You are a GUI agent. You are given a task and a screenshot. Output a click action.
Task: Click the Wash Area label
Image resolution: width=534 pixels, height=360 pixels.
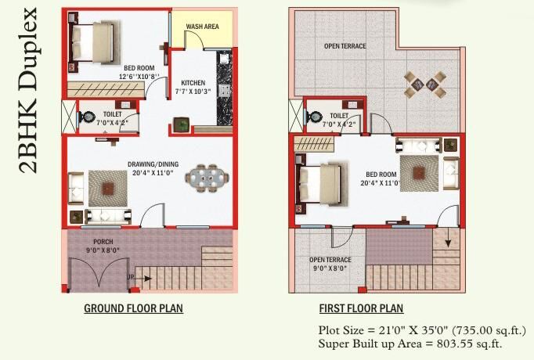click(202, 27)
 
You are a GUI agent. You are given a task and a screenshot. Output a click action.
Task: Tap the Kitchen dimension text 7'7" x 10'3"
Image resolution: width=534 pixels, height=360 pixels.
click(193, 92)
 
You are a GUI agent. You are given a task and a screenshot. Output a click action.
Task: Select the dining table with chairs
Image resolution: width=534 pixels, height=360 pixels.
click(207, 178)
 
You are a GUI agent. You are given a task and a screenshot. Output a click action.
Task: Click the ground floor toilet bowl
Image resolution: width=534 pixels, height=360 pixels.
click(87, 117)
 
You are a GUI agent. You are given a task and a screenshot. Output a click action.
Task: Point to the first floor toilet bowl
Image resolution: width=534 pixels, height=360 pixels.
click(314, 117)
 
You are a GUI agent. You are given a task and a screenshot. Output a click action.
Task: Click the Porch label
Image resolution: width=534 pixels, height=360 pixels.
click(103, 242)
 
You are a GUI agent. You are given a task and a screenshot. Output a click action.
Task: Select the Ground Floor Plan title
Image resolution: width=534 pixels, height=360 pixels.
click(133, 308)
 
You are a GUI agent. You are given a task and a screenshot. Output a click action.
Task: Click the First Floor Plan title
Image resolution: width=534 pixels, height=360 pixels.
click(361, 308)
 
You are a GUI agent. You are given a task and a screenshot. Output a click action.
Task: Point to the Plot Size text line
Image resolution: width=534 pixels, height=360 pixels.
click(422, 330)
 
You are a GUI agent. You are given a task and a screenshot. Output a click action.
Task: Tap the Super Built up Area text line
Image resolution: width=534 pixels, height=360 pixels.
click(410, 344)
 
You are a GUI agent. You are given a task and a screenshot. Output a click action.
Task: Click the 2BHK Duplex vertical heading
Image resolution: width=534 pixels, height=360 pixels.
click(28, 90)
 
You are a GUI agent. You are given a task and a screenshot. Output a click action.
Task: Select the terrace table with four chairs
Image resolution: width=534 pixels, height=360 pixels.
click(425, 84)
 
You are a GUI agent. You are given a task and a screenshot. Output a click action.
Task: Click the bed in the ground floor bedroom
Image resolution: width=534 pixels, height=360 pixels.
click(95, 42)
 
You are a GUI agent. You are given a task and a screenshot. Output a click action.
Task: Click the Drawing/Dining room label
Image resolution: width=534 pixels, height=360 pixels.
click(153, 164)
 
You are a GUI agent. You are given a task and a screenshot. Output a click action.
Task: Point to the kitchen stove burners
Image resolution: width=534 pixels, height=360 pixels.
click(225, 90)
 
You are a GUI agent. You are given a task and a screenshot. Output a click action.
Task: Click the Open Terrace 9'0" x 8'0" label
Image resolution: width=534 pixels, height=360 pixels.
click(330, 264)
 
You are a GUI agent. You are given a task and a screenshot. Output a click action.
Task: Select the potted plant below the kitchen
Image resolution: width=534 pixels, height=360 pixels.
click(181, 124)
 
